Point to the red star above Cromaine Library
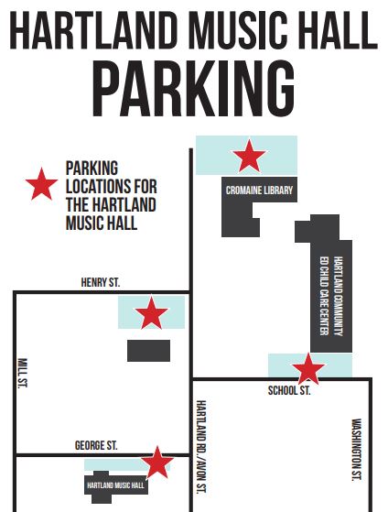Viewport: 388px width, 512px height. pyautogui.click(x=248, y=156)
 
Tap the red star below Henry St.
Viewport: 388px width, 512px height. pyautogui.click(x=152, y=314)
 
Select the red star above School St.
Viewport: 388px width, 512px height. pyautogui.click(x=308, y=369)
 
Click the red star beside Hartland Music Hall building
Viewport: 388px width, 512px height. pyautogui.click(x=158, y=463)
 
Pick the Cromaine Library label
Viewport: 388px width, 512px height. pyautogui.click(x=260, y=191)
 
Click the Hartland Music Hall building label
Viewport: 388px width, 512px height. pyautogui.click(x=116, y=485)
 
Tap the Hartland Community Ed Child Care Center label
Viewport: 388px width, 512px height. pyautogui.click(x=330, y=292)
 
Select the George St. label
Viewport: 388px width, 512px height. pyautogui.click(x=96, y=445)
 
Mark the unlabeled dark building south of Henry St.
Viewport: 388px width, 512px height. pyautogui.click(x=148, y=350)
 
